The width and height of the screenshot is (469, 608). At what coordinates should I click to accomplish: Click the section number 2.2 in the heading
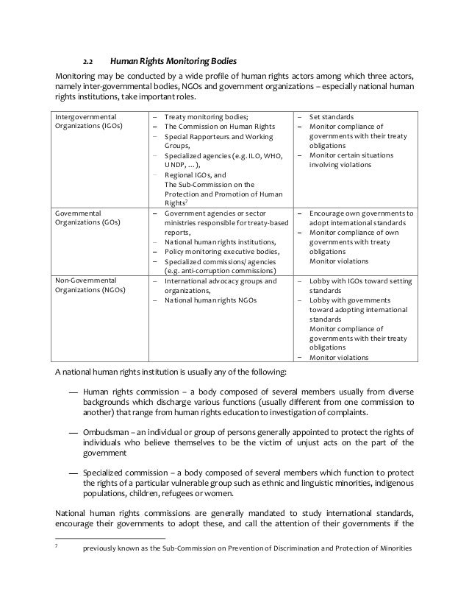point(87,60)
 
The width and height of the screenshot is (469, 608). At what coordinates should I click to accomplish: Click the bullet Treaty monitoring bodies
point(206,116)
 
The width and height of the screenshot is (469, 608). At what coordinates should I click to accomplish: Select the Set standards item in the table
point(332,116)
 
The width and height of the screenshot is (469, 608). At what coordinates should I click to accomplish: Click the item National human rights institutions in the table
point(221,241)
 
